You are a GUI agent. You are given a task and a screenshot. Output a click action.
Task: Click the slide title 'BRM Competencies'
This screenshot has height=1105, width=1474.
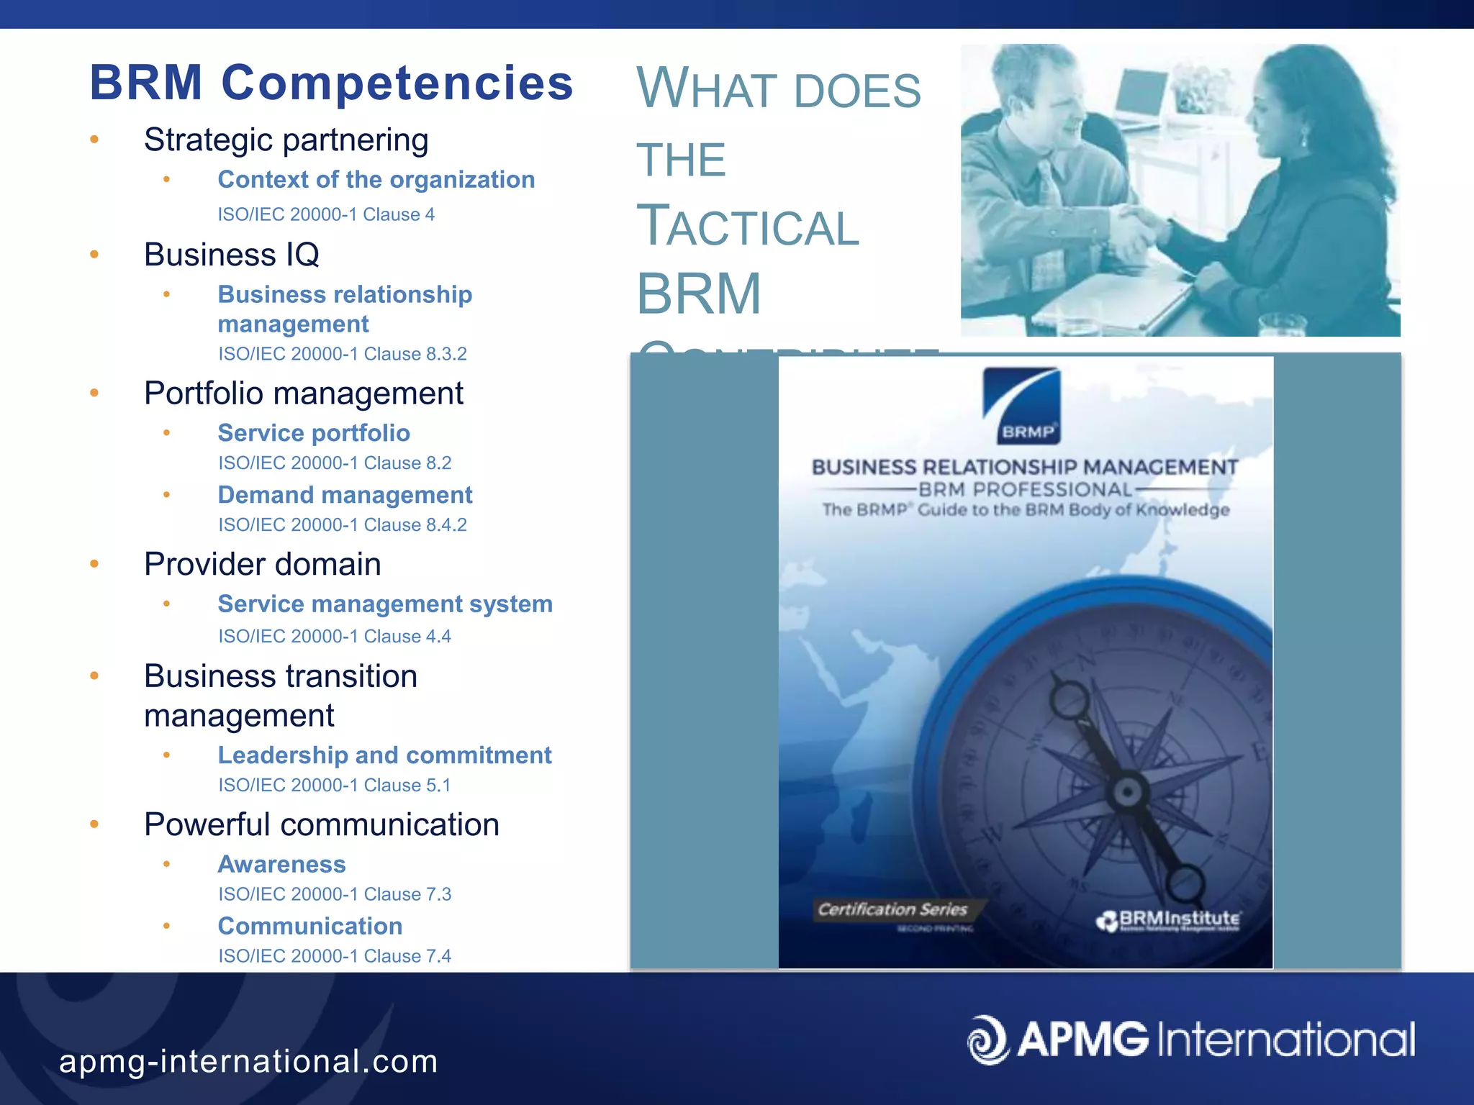click(x=331, y=83)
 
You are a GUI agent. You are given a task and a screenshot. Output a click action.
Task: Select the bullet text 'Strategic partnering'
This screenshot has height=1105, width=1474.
click(x=286, y=140)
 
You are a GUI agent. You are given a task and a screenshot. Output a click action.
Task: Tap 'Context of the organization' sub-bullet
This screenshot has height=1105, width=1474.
click(x=376, y=180)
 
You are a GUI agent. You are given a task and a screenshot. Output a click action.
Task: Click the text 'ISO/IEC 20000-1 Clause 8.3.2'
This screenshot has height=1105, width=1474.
click(x=343, y=354)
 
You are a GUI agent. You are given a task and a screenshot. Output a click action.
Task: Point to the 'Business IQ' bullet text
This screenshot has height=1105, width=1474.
click(x=231, y=255)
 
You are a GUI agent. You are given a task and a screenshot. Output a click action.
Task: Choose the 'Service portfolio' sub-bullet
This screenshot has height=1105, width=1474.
click(x=314, y=433)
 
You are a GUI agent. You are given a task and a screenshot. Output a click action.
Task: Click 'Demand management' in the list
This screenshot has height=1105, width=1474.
click(x=345, y=495)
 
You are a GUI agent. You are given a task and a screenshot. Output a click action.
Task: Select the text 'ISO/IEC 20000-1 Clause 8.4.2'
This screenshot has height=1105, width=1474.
click(x=343, y=525)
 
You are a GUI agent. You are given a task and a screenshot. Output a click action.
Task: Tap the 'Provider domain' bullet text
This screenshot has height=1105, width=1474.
click(x=262, y=564)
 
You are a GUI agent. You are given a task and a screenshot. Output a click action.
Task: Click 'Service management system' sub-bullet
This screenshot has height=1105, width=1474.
click(x=385, y=604)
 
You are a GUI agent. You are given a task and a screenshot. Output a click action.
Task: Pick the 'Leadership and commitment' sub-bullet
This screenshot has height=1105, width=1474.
click(x=384, y=755)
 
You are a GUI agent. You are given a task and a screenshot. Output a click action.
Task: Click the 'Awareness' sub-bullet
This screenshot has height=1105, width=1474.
click(x=281, y=864)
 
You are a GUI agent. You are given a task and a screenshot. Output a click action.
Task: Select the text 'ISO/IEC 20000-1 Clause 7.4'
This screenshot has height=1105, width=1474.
click(x=335, y=956)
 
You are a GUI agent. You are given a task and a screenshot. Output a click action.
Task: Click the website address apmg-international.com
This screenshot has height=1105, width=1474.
click(x=248, y=1062)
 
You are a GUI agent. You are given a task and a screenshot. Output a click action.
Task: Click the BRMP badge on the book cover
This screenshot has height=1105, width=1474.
click(x=1023, y=406)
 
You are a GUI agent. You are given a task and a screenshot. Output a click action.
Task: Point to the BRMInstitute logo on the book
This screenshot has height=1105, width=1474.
click(x=1170, y=920)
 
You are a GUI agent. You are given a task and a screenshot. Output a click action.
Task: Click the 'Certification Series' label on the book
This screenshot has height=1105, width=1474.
click(x=892, y=909)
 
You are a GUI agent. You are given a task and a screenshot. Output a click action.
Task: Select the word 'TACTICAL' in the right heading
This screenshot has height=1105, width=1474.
click(x=748, y=227)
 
